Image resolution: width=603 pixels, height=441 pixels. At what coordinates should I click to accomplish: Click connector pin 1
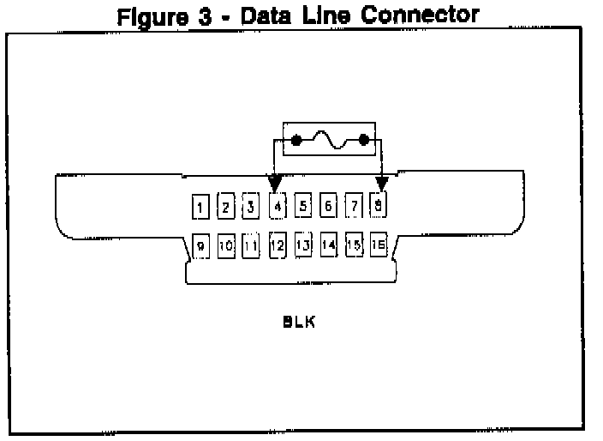tap(199, 207)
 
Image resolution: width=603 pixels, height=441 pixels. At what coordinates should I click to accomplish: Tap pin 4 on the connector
tap(277, 206)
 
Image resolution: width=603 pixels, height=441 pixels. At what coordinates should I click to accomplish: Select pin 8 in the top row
tap(379, 205)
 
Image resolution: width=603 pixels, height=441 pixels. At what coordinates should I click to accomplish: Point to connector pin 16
tap(379, 245)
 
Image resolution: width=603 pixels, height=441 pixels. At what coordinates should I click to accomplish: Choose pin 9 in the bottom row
tap(200, 246)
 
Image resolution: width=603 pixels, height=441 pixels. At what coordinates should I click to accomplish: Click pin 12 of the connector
tap(277, 245)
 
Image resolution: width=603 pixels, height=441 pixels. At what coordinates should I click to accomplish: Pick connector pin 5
tap(302, 206)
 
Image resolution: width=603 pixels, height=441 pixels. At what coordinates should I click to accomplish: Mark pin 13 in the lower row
tap(302, 245)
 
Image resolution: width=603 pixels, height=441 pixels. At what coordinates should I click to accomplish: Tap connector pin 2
tap(225, 206)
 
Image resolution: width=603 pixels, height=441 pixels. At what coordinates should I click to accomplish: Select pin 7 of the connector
tap(354, 206)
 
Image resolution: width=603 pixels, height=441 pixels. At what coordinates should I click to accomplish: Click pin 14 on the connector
tap(328, 245)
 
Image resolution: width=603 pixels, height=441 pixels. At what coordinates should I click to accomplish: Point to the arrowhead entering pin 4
tap(276, 184)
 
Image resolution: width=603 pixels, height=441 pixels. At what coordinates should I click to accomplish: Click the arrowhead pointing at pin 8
tap(381, 184)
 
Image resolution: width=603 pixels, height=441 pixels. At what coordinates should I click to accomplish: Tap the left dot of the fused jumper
tap(296, 140)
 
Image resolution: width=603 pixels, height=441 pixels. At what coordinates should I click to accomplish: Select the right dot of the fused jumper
tap(363, 140)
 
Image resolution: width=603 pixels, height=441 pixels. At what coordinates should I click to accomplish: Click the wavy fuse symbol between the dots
tap(330, 140)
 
